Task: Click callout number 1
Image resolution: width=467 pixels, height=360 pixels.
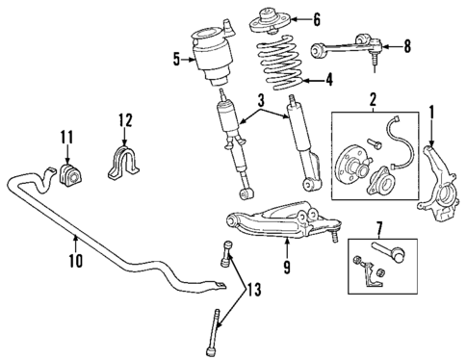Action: click(432, 113)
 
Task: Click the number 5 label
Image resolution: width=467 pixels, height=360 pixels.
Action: click(176, 60)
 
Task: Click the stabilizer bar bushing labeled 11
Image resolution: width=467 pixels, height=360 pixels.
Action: click(71, 175)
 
